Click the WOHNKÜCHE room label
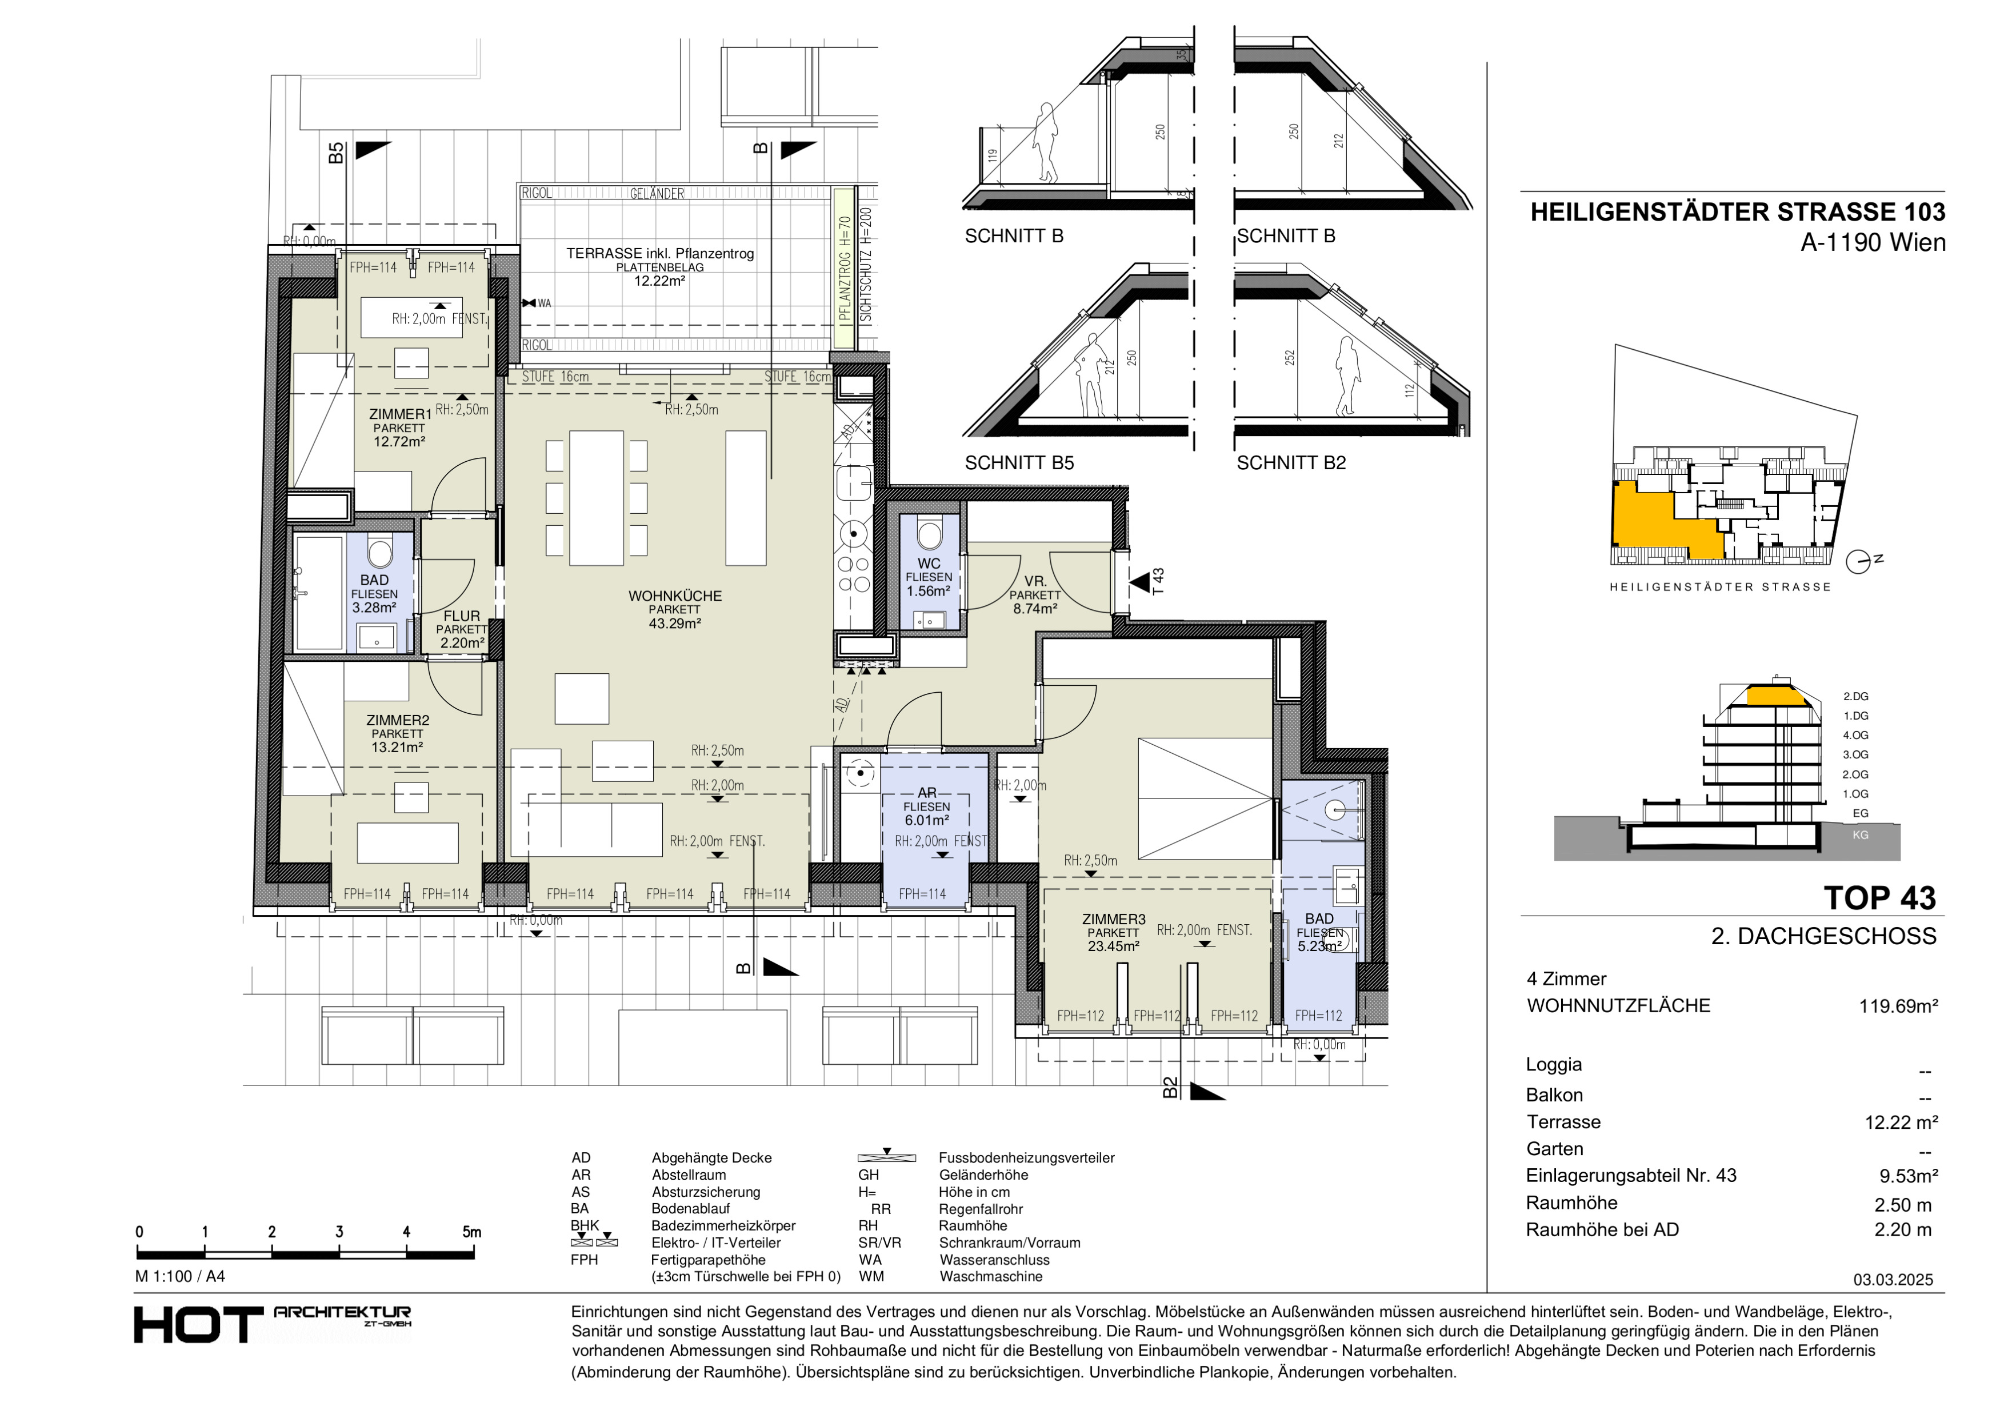pyautogui.click(x=675, y=596)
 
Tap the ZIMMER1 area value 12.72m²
pyautogui.click(x=399, y=442)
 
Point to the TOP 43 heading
pyautogui.click(x=1880, y=898)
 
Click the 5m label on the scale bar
pyautogui.click(x=471, y=1232)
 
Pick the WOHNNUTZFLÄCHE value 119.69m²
pyautogui.click(x=1898, y=1006)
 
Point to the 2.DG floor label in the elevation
pyautogui.click(x=1855, y=697)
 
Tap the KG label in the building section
pyautogui.click(x=1860, y=834)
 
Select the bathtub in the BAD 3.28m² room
pyautogui.click(x=319, y=593)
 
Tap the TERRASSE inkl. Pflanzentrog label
pyautogui.click(x=660, y=254)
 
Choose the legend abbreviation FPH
pyautogui.click(x=585, y=1260)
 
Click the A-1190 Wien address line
pyautogui.click(x=1873, y=242)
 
